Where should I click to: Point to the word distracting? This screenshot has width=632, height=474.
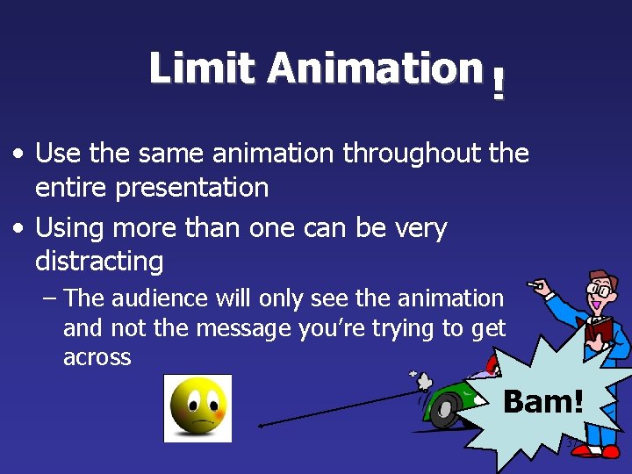(98, 261)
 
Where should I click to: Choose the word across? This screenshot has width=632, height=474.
(97, 357)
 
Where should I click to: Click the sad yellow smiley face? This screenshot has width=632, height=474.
(197, 408)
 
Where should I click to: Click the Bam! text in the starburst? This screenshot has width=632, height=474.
(542, 402)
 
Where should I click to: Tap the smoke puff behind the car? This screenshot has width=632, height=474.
(419, 380)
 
